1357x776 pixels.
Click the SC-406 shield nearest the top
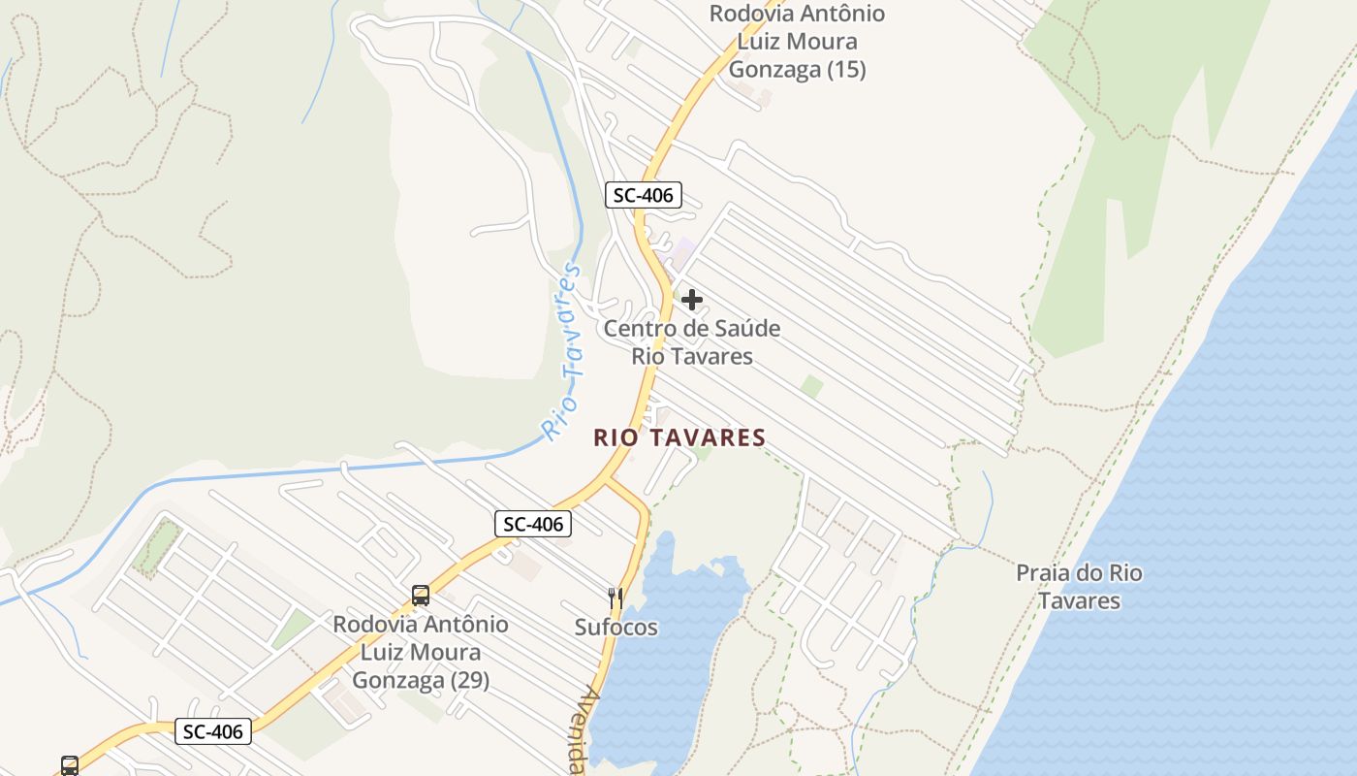click(x=644, y=195)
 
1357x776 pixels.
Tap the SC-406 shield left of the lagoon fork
click(x=533, y=524)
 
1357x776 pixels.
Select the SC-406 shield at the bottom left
click(x=213, y=730)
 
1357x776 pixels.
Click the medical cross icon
click(x=692, y=300)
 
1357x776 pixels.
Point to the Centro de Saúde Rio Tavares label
click(x=692, y=341)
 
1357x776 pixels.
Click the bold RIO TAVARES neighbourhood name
click(x=679, y=437)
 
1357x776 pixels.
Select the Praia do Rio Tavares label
click(x=1079, y=586)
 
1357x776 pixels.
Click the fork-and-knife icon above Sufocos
click(x=615, y=598)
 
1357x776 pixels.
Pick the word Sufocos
click(x=616, y=628)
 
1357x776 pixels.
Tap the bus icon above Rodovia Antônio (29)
click(x=420, y=596)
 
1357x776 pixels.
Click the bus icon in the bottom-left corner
click(x=70, y=765)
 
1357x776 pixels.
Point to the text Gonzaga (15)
click(x=797, y=70)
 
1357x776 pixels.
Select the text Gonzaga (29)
click(x=421, y=679)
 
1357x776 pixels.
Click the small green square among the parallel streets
click(x=811, y=387)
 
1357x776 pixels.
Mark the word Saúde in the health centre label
click(x=740, y=328)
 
